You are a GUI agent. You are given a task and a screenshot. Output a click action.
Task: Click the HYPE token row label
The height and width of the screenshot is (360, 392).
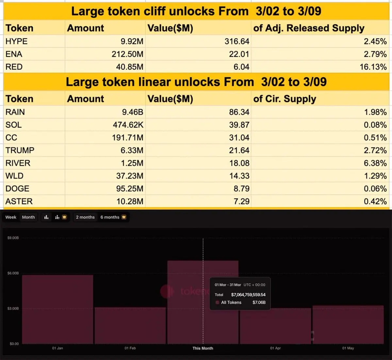(16, 41)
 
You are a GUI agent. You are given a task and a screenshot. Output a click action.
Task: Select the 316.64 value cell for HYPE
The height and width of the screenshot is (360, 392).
(237, 41)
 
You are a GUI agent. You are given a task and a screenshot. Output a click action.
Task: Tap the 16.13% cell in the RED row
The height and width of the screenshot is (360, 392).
(373, 67)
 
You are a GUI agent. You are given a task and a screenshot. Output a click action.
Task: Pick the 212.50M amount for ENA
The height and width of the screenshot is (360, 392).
(127, 54)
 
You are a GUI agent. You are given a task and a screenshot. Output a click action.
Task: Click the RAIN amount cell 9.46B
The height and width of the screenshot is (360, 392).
(133, 112)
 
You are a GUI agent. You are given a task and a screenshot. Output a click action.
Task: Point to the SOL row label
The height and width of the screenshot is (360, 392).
(13, 125)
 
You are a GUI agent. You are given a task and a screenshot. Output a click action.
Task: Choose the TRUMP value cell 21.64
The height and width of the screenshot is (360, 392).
(239, 150)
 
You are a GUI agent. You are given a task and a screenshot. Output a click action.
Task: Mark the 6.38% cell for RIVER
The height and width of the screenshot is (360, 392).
(375, 163)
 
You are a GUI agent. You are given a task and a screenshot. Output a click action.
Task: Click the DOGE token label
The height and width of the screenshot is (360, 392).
(17, 188)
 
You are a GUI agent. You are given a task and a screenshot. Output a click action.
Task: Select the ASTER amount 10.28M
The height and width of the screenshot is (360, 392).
(130, 201)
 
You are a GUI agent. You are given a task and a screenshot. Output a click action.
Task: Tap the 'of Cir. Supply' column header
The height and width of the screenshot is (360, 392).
(285, 99)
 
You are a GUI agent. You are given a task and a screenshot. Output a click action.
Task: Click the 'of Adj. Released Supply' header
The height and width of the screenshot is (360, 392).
(309, 28)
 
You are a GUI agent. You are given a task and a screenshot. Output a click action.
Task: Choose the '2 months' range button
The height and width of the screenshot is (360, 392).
(85, 217)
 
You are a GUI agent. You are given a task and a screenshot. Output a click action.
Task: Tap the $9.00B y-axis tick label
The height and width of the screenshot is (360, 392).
(13, 238)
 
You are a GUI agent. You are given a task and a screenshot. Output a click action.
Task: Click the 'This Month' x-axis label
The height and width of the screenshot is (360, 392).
(203, 348)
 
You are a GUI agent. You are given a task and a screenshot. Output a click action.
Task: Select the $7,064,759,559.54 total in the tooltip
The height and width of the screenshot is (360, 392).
(248, 295)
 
